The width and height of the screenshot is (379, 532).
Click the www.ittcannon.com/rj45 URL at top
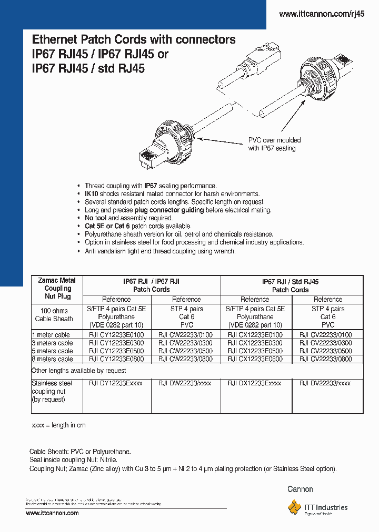[321, 15]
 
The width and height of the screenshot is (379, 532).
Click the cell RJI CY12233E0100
[115, 335]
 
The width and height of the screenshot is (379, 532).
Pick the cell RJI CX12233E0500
[255, 351]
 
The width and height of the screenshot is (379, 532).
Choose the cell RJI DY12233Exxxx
[115, 384]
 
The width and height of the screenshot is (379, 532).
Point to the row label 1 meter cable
[51, 335]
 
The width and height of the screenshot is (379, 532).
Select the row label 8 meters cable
[52, 359]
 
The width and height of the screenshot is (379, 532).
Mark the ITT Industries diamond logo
[294, 507]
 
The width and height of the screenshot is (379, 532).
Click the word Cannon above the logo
[300, 489]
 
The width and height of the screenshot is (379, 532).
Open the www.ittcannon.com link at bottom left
[52, 513]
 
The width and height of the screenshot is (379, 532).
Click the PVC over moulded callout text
[274, 144]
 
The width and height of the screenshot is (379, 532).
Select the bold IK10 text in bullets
[92, 194]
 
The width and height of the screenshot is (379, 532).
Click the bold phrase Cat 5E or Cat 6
[109, 226]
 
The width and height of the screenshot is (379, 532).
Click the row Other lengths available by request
[79, 371]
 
